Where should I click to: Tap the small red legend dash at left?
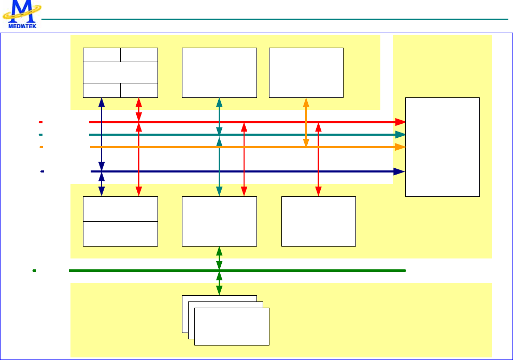(x=40, y=122)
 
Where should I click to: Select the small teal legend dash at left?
(x=40, y=135)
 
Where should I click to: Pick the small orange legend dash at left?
(x=40, y=147)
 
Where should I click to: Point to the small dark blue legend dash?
(x=42, y=171)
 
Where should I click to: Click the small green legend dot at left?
(x=34, y=270)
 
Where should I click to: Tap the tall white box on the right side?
(x=442, y=147)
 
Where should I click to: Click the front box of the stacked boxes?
(x=232, y=326)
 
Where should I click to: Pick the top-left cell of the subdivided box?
(x=102, y=55)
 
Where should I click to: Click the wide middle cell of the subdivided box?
(x=120, y=72)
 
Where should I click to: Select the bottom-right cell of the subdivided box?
(x=139, y=90)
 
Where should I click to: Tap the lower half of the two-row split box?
(x=120, y=234)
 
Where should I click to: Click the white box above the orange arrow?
(x=306, y=73)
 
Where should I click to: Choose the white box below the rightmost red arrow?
(x=318, y=221)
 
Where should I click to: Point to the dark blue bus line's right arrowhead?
(x=400, y=171)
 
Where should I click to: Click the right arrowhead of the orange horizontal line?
(x=400, y=147)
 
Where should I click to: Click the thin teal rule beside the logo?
(x=275, y=20)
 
